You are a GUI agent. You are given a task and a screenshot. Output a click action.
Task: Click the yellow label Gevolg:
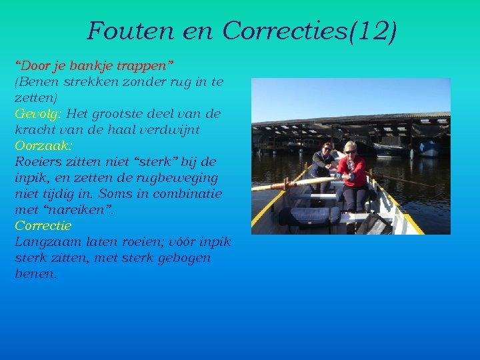tap(39, 114)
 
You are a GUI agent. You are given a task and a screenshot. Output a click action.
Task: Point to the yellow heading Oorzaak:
tap(43, 145)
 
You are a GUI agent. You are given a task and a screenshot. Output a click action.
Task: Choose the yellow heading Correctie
tap(43, 225)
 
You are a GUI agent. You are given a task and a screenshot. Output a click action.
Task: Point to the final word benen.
tap(35, 273)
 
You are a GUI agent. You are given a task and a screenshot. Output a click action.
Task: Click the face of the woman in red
tap(350, 149)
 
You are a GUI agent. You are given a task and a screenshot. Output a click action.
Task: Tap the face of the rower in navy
tap(326, 149)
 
